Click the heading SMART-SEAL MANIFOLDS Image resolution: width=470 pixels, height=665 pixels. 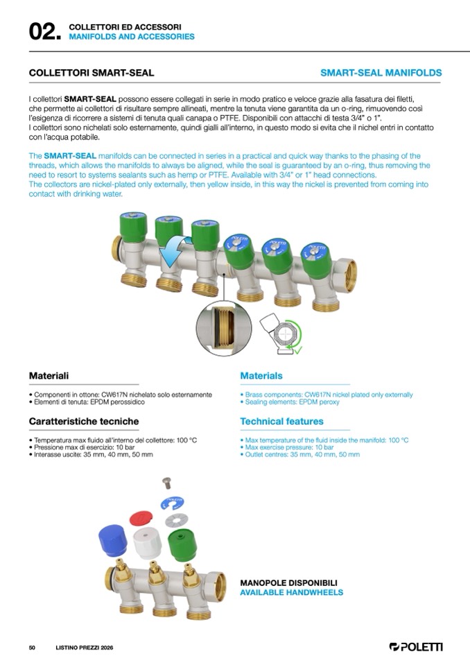click(x=381, y=73)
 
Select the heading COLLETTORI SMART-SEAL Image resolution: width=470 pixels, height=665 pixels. click(x=91, y=73)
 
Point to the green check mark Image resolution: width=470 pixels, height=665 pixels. click(x=298, y=349)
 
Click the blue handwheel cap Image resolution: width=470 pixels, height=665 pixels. click(x=112, y=541)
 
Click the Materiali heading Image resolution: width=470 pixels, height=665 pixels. click(x=49, y=376)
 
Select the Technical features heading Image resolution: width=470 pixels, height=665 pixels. click(x=281, y=422)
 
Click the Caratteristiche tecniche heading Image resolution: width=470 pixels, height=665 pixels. click(x=84, y=422)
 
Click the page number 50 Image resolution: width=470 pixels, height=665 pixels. click(x=32, y=648)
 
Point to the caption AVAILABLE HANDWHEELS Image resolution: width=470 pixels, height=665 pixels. click(x=291, y=593)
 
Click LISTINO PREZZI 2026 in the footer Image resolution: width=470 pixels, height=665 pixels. click(x=84, y=648)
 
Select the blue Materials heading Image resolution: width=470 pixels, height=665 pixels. click(x=261, y=376)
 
